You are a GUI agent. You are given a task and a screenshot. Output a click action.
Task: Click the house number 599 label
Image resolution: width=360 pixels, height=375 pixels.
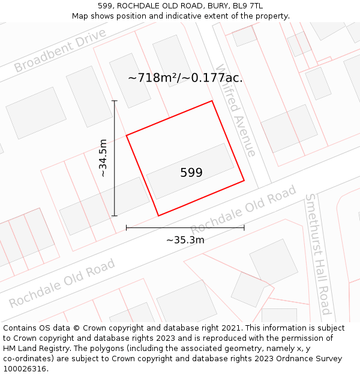pyautogui.click(x=191, y=173)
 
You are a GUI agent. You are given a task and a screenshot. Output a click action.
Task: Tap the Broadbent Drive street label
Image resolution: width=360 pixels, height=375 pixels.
pyautogui.click(x=59, y=50)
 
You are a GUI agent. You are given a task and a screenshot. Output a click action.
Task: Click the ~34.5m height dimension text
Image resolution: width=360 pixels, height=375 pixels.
pyautogui.click(x=103, y=158)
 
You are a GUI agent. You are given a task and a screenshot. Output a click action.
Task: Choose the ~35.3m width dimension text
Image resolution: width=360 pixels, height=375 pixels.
pyautogui.click(x=185, y=240)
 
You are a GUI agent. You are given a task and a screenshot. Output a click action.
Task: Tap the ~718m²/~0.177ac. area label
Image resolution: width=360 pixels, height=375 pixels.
pyautogui.click(x=185, y=77)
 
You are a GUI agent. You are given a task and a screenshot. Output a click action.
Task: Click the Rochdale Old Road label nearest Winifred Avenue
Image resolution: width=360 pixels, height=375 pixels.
pyautogui.click(x=243, y=210)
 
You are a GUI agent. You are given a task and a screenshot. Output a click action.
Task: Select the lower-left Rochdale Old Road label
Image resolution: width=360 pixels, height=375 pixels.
pyautogui.click(x=62, y=283)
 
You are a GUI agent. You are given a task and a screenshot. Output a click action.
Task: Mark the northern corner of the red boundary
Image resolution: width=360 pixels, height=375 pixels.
pyautogui.click(x=212, y=101)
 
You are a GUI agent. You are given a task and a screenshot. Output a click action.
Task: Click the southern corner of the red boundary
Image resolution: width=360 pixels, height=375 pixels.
pyautogui.click(x=158, y=215)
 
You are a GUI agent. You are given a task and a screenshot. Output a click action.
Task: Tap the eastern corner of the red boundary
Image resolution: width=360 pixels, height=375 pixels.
pyautogui.click(x=244, y=180)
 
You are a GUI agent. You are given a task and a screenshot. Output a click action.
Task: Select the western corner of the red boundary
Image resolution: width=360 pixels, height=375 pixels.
pyautogui.click(x=127, y=136)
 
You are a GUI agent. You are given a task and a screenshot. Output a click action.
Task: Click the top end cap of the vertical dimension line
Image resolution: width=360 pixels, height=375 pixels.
pyautogui.click(x=115, y=101)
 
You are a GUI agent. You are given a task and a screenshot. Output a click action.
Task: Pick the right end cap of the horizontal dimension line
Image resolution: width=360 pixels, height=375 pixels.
pyautogui.click(x=244, y=227)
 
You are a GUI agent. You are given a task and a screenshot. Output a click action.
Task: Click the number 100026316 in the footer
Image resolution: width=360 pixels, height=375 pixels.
pyautogui.click(x=26, y=369)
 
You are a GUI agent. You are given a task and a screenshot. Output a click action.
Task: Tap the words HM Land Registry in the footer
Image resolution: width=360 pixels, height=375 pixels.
pyautogui.click(x=32, y=349)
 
